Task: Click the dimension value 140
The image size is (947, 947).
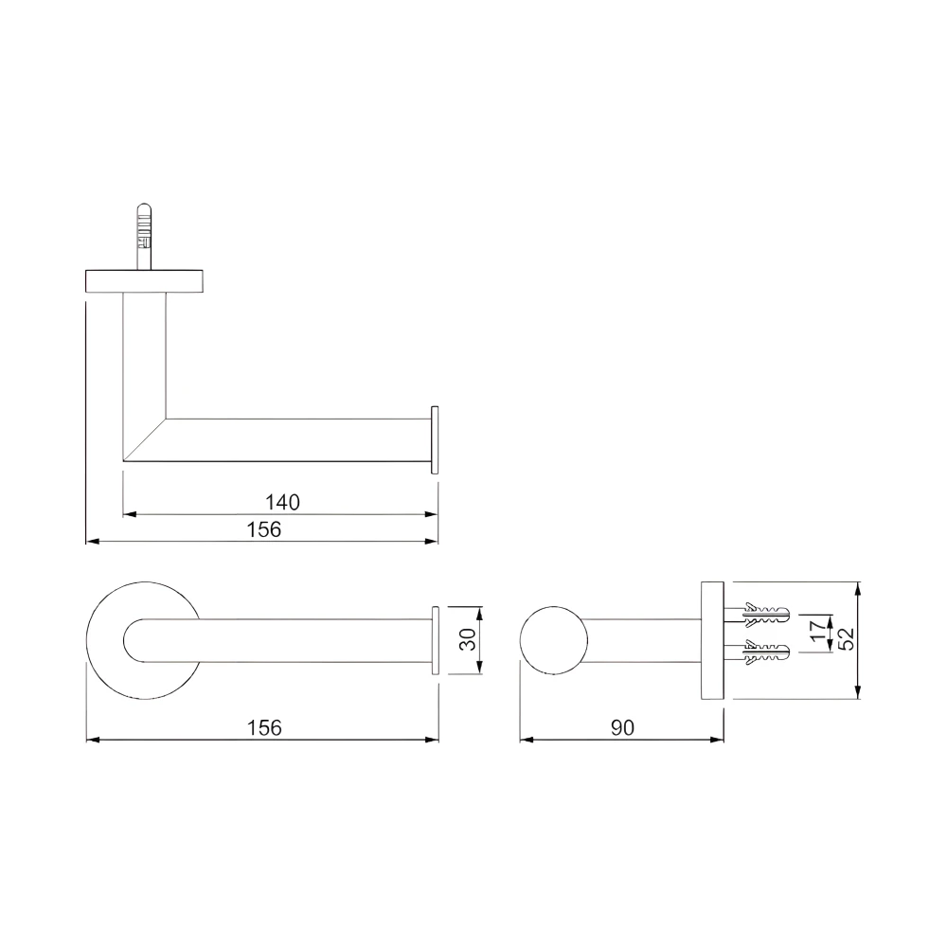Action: pyautogui.click(x=282, y=503)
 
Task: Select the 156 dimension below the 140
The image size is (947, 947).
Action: pyautogui.click(x=264, y=529)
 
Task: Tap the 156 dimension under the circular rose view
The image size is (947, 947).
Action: pyautogui.click(x=264, y=727)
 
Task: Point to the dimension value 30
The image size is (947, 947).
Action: pyautogui.click(x=466, y=640)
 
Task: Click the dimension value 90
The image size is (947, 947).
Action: pyautogui.click(x=622, y=727)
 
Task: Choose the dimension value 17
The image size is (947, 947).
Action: pyautogui.click(x=817, y=632)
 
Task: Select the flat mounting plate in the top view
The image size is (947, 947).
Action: pyautogui.click(x=147, y=281)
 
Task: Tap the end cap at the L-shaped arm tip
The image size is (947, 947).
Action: pyautogui.click(x=435, y=439)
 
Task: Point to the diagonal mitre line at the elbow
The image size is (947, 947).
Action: pyautogui.click(x=145, y=439)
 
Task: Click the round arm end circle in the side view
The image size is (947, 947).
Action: pyautogui.click(x=553, y=639)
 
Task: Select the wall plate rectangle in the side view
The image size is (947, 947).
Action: pyautogui.click(x=712, y=639)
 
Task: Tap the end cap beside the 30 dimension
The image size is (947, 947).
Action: pyautogui.click(x=436, y=640)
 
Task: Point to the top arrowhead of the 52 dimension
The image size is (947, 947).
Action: pyautogui.click(x=858, y=588)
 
